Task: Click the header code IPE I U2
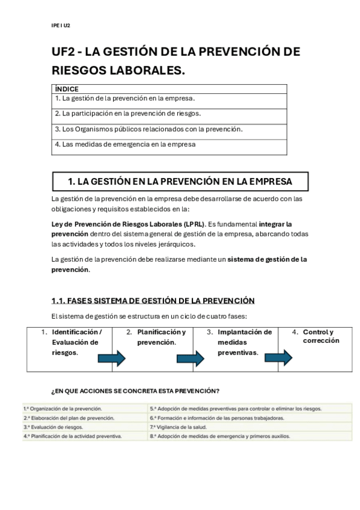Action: (61, 25)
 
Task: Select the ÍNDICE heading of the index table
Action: (67, 88)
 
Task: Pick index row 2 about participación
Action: (127, 113)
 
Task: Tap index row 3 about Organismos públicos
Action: (148, 129)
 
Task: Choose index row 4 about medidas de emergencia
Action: (125, 144)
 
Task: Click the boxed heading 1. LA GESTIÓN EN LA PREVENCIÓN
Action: (180, 181)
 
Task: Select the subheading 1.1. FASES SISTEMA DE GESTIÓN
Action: (153, 301)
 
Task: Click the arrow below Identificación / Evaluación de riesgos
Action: (112, 359)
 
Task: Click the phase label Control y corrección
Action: (320, 336)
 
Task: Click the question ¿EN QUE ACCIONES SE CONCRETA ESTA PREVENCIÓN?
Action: (135, 390)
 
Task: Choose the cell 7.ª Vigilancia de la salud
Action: (180, 427)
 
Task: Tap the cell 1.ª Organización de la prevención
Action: (63, 408)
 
